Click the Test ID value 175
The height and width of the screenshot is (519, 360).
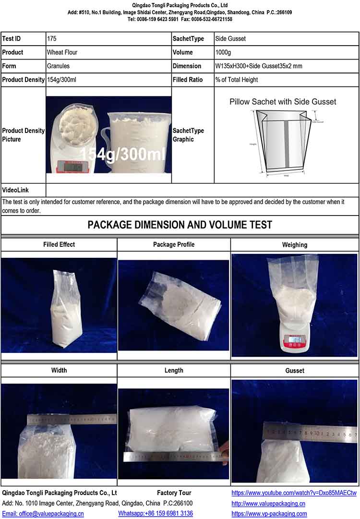pyautogui.click(x=52, y=39)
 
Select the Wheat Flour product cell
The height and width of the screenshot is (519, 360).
pyautogui.click(x=62, y=52)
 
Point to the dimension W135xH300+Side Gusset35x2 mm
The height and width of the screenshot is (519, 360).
pyautogui.click(x=259, y=66)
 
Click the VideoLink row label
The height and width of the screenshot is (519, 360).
pyautogui.click(x=15, y=190)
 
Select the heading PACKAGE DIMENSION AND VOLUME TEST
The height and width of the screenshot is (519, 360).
pyautogui.click(x=180, y=225)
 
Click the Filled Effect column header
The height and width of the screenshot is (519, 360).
pyautogui.click(x=59, y=244)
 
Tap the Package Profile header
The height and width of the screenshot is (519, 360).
pyautogui.click(x=174, y=244)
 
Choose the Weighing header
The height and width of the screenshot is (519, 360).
pyautogui.click(x=295, y=245)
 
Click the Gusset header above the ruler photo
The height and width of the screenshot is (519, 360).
pyautogui.click(x=295, y=371)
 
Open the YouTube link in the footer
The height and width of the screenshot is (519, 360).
pyautogui.click(x=294, y=493)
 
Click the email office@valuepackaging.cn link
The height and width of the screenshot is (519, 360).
pyautogui.click(x=43, y=514)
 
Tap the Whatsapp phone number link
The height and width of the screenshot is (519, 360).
pyautogui.click(x=156, y=514)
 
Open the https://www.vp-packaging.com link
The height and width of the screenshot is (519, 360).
pyautogui.click(x=269, y=514)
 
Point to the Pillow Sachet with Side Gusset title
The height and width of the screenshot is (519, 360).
pyautogui.click(x=283, y=102)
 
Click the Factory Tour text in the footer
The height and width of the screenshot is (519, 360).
pyautogui.click(x=174, y=493)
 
